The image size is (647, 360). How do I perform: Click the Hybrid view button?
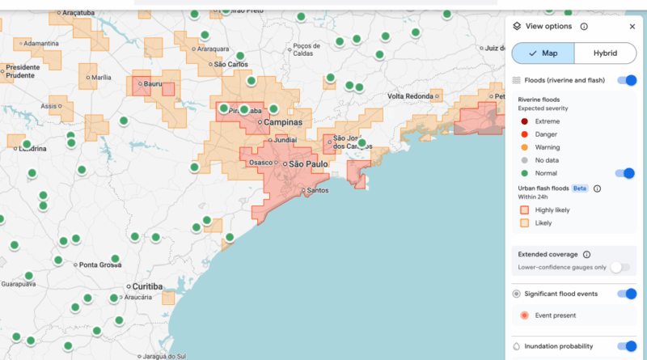(x=604, y=53)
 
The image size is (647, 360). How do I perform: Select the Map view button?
(x=543, y=53)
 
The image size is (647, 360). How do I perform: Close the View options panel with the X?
(x=632, y=27)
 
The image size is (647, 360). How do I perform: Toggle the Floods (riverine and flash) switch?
(x=627, y=80)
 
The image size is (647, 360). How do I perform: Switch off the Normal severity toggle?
(x=624, y=173)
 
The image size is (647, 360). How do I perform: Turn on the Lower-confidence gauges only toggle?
(x=620, y=267)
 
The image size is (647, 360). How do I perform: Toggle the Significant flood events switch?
(x=627, y=294)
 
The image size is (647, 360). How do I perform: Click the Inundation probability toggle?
(x=627, y=346)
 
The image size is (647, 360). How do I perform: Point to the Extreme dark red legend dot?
(x=524, y=121)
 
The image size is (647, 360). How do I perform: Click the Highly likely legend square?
(x=524, y=210)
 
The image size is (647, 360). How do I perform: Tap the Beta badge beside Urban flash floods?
(x=580, y=188)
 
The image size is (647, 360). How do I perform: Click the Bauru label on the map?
(x=154, y=83)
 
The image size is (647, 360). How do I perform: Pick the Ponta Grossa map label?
(x=99, y=265)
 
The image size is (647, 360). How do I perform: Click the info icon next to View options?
(x=584, y=27)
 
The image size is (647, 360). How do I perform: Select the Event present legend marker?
(x=524, y=316)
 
